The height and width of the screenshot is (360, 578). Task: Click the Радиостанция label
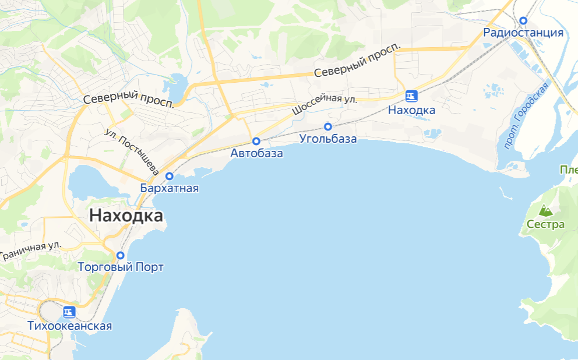coord(523,33)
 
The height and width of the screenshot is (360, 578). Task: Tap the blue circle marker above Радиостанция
coord(523,20)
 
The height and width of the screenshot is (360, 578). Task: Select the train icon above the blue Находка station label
coord(411,96)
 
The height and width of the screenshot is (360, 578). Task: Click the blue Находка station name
coord(411,110)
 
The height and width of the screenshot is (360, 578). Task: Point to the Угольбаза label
coord(327,139)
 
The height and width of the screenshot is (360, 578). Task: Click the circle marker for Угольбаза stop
coord(328,126)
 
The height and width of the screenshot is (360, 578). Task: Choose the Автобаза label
coord(256,154)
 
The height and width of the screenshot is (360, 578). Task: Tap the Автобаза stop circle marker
coord(256,141)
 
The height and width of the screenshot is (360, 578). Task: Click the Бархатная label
coord(170,188)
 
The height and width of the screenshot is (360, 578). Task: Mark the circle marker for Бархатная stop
coord(170,176)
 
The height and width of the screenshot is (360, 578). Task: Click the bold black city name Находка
coord(126,216)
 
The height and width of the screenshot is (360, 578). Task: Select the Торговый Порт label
coord(121,267)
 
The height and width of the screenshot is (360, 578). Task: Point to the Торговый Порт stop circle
coord(121,255)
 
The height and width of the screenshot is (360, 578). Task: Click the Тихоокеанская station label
coord(69,326)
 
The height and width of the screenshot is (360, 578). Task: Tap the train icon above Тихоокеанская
coord(69,312)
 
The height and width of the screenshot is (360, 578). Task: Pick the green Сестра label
coord(545,224)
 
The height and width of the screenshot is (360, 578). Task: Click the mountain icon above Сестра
coord(545,210)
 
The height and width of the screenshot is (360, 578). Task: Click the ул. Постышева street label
coord(132,151)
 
